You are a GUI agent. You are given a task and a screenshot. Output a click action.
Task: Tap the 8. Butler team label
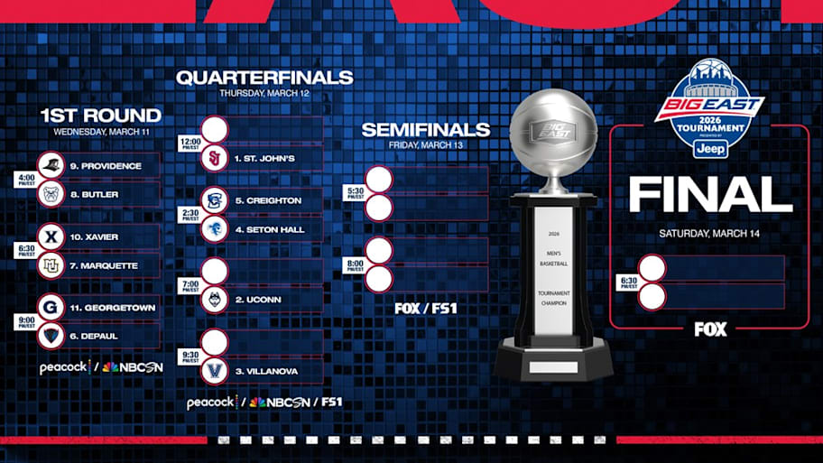coord(94,194)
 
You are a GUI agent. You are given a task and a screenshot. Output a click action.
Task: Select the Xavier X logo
coord(51,237)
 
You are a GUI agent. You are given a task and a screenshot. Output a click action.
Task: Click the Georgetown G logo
coord(51,308)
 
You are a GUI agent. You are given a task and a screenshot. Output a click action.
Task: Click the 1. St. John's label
coord(264,158)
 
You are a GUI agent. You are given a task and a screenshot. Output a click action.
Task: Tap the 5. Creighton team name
coord(268,200)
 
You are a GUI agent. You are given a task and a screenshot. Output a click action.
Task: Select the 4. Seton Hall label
coord(269,229)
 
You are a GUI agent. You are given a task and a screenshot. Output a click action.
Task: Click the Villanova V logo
coord(215,371)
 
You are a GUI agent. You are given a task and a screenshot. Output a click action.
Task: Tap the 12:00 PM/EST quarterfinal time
coord(190,144)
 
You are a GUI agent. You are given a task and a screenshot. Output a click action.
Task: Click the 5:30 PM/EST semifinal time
coord(355,193)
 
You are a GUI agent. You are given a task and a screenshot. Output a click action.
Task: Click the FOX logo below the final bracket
coord(710,329)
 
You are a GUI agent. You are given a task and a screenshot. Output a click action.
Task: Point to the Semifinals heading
coord(425,130)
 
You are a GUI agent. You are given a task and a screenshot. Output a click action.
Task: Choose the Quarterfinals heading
coord(264,78)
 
